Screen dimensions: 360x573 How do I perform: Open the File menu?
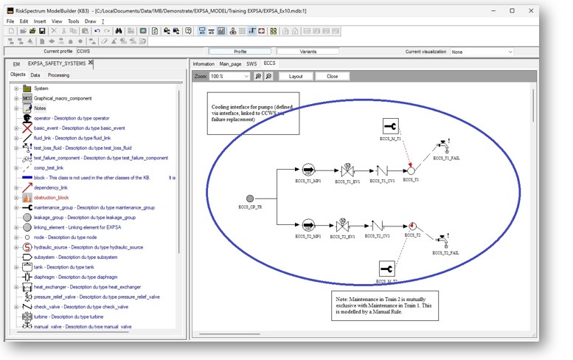[x=10, y=21]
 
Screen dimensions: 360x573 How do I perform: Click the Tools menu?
[x=74, y=21]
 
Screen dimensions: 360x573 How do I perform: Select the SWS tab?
[x=251, y=64]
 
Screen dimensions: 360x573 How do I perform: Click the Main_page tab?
[x=230, y=64]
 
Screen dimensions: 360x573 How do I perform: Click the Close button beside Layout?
[x=333, y=76]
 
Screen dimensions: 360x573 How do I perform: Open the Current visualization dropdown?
[x=482, y=52]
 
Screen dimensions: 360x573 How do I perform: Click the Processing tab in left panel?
[x=58, y=75]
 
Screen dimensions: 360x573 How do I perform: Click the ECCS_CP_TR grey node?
[x=249, y=198]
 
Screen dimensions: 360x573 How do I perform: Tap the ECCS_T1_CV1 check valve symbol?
[x=378, y=170]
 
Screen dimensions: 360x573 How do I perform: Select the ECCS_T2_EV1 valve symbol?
[x=342, y=224]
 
